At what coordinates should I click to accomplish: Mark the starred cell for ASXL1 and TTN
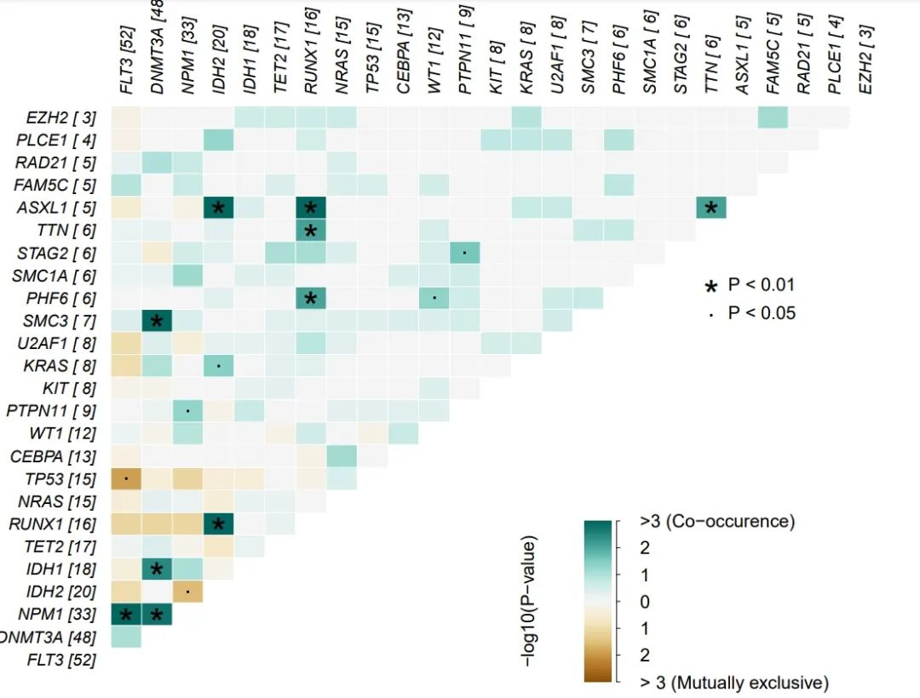click(711, 208)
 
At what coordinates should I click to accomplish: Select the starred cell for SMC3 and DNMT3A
click(157, 321)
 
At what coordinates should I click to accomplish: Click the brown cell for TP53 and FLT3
click(126, 478)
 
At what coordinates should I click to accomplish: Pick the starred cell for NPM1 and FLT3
click(126, 614)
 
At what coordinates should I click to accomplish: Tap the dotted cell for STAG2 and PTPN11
click(465, 253)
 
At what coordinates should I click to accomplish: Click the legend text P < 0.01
click(761, 285)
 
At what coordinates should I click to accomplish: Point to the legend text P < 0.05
click(761, 313)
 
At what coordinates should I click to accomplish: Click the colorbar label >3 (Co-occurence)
click(716, 521)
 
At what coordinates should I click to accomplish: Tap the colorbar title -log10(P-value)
click(530, 601)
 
